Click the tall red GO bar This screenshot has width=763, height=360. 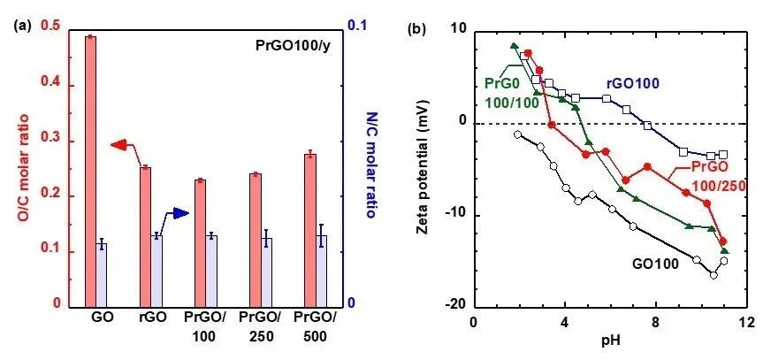pos(91,168)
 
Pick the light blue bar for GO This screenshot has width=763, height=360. pos(103,274)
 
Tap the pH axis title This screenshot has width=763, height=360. pos(610,342)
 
